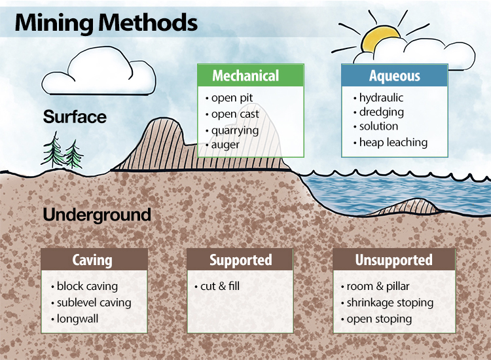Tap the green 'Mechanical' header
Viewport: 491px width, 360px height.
coord(250,76)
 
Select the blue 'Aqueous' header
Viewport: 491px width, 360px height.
coord(394,76)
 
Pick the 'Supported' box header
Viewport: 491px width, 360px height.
coord(240,260)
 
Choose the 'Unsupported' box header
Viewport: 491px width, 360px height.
coord(393,260)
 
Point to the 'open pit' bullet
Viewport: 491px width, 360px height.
coord(232,98)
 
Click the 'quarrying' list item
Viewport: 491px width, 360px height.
coord(234,130)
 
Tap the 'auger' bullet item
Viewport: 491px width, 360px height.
coord(225,145)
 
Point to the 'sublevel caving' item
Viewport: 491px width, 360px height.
coord(94,302)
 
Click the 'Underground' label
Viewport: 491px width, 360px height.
coord(97,215)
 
